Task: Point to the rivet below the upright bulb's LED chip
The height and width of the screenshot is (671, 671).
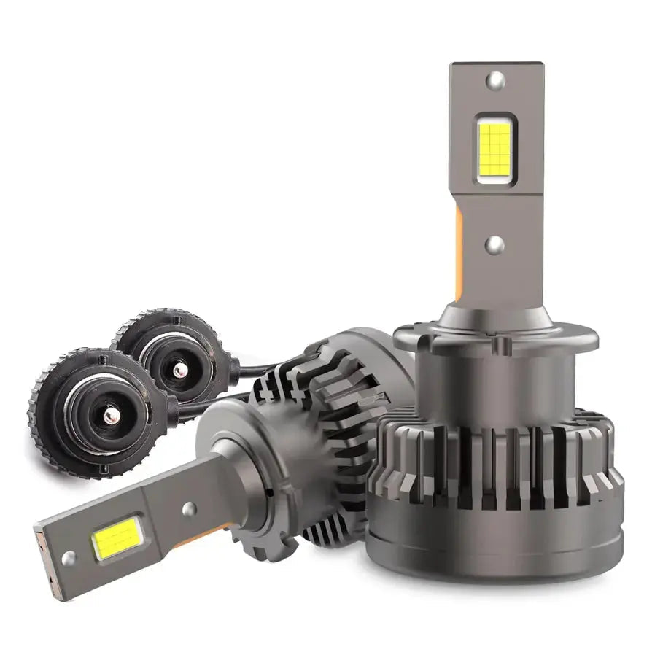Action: (495, 244)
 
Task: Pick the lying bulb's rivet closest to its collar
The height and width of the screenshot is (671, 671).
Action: (188, 509)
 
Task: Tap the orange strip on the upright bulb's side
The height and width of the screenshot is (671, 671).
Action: (459, 255)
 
